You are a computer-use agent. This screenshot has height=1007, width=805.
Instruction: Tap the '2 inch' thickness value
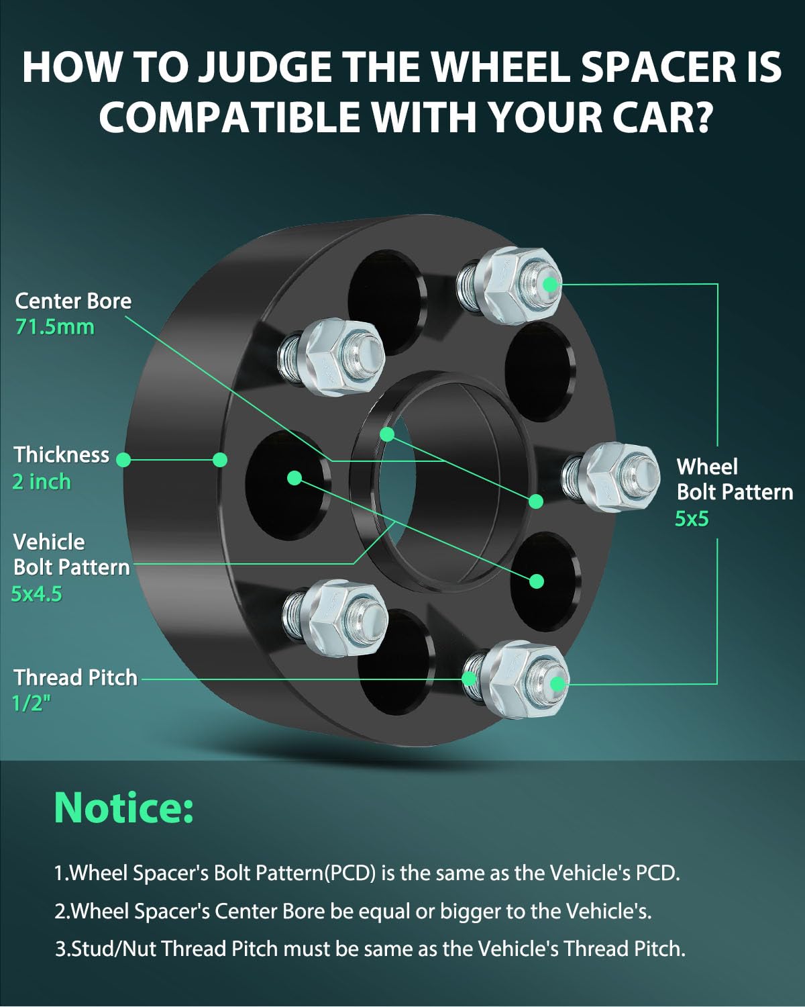(x=42, y=481)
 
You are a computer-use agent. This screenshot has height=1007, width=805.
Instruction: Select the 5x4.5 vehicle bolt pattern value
(x=37, y=593)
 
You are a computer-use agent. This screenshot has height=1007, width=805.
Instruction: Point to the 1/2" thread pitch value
(x=32, y=703)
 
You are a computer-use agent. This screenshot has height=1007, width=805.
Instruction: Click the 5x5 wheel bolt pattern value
(x=692, y=518)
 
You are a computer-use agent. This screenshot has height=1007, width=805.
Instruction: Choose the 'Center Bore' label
(x=73, y=301)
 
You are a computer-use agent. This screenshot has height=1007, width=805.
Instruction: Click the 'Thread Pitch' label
(x=76, y=677)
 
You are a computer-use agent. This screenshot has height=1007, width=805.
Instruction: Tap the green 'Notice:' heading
(x=123, y=807)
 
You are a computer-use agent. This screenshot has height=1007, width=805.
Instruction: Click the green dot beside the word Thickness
(x=123, y=459)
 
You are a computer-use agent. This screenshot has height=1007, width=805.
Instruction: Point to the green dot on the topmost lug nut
(x=550, y=284)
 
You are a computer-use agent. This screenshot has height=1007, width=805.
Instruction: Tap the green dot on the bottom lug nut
(x=557, y=684)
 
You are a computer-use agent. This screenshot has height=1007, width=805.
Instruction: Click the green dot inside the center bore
(x=387, y=434)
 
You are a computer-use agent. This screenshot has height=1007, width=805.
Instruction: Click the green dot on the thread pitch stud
(x=470, y=678)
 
